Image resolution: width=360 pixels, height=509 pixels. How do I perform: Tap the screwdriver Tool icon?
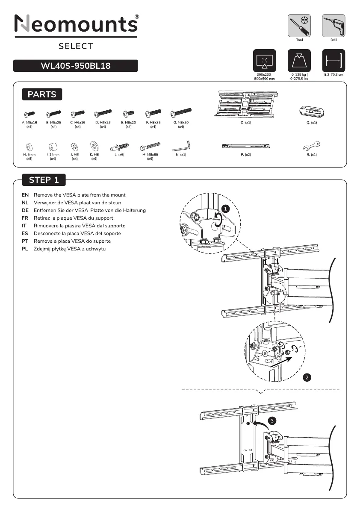299,25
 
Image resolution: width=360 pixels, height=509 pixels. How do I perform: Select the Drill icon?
333,25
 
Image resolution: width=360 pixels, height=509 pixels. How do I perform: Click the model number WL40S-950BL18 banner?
76,66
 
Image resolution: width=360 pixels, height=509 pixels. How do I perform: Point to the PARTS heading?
42,94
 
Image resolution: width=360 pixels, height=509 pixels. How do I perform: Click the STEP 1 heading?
44,180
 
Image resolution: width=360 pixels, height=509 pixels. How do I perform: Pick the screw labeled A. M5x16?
30,114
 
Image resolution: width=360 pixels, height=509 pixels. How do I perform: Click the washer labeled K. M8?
94,146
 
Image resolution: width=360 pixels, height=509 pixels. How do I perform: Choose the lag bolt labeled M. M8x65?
150,148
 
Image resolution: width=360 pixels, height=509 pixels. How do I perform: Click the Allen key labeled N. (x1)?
181,147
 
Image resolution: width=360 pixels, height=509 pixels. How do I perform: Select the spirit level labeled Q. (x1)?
311,111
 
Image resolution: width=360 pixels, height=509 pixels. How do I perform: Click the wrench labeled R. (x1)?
312,145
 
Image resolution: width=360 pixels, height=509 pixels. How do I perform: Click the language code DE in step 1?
25,210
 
